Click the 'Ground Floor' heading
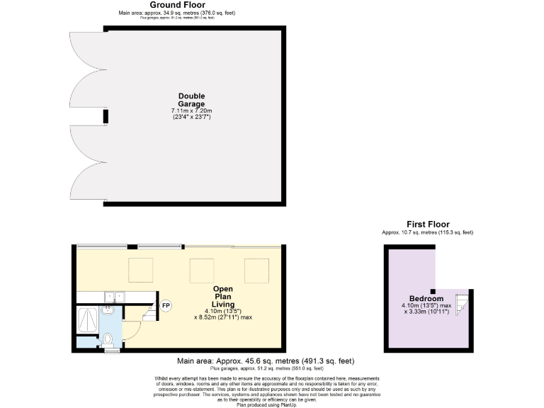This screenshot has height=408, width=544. [167, 5]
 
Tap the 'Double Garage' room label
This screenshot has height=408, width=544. [191, 100]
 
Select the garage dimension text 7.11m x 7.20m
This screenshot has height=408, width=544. [191, 111]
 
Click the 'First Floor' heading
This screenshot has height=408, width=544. [427, 225]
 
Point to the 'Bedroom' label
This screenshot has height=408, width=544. [426, 298]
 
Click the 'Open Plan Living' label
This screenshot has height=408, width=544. [223, 297]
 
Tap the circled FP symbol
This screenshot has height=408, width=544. [166, 306]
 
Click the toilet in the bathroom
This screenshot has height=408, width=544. [108, 342]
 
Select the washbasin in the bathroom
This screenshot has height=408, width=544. [108, 310]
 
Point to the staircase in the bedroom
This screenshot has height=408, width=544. [460, 302]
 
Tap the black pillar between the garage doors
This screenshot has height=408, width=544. [106, 115]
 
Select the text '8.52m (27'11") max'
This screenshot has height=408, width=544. [223, 317]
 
